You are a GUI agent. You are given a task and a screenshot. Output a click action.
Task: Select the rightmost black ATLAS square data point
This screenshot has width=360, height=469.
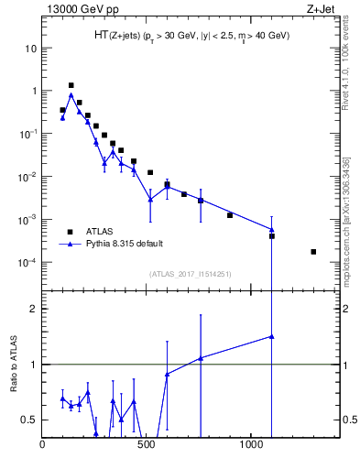(x=313, y=251)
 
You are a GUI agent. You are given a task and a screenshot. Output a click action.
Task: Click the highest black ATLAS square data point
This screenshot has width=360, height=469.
(x=71, y=85)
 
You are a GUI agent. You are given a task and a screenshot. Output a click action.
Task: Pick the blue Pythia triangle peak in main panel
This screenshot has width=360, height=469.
(x=71, y=94)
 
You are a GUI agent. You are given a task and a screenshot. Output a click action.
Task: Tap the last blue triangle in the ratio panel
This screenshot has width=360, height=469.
(x=272, y=336)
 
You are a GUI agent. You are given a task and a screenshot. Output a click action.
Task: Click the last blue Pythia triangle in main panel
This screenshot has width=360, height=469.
(x=272, y=229)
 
